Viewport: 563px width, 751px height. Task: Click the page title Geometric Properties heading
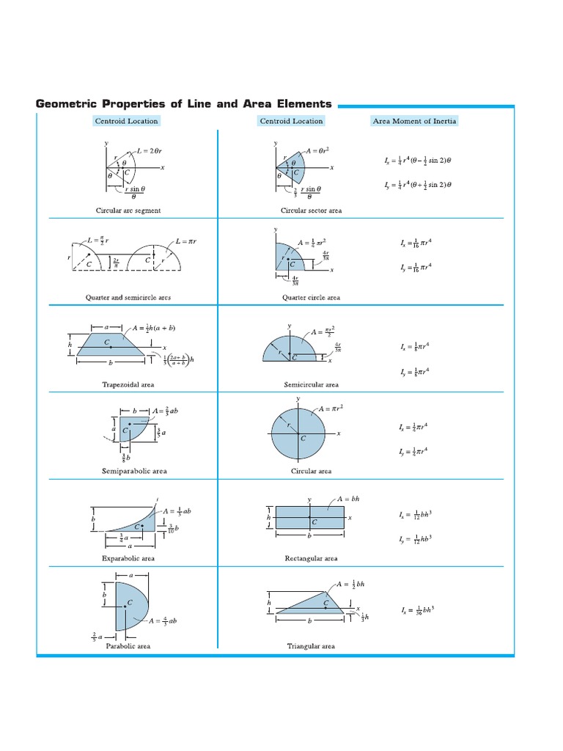tap(183, 104)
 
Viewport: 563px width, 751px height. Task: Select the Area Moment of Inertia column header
tap(414, 121)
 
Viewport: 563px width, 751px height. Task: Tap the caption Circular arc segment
tap(128, 210)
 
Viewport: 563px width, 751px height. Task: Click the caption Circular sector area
tap(311, 210)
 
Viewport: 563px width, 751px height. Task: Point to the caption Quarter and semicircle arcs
tap(128, 298)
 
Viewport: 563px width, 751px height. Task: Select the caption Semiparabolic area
tap(128, 471)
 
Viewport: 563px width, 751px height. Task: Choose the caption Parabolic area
tap(128, 646)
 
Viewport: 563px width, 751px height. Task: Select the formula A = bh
tap(350, 499)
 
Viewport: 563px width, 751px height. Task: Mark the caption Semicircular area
tap(311, 384)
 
